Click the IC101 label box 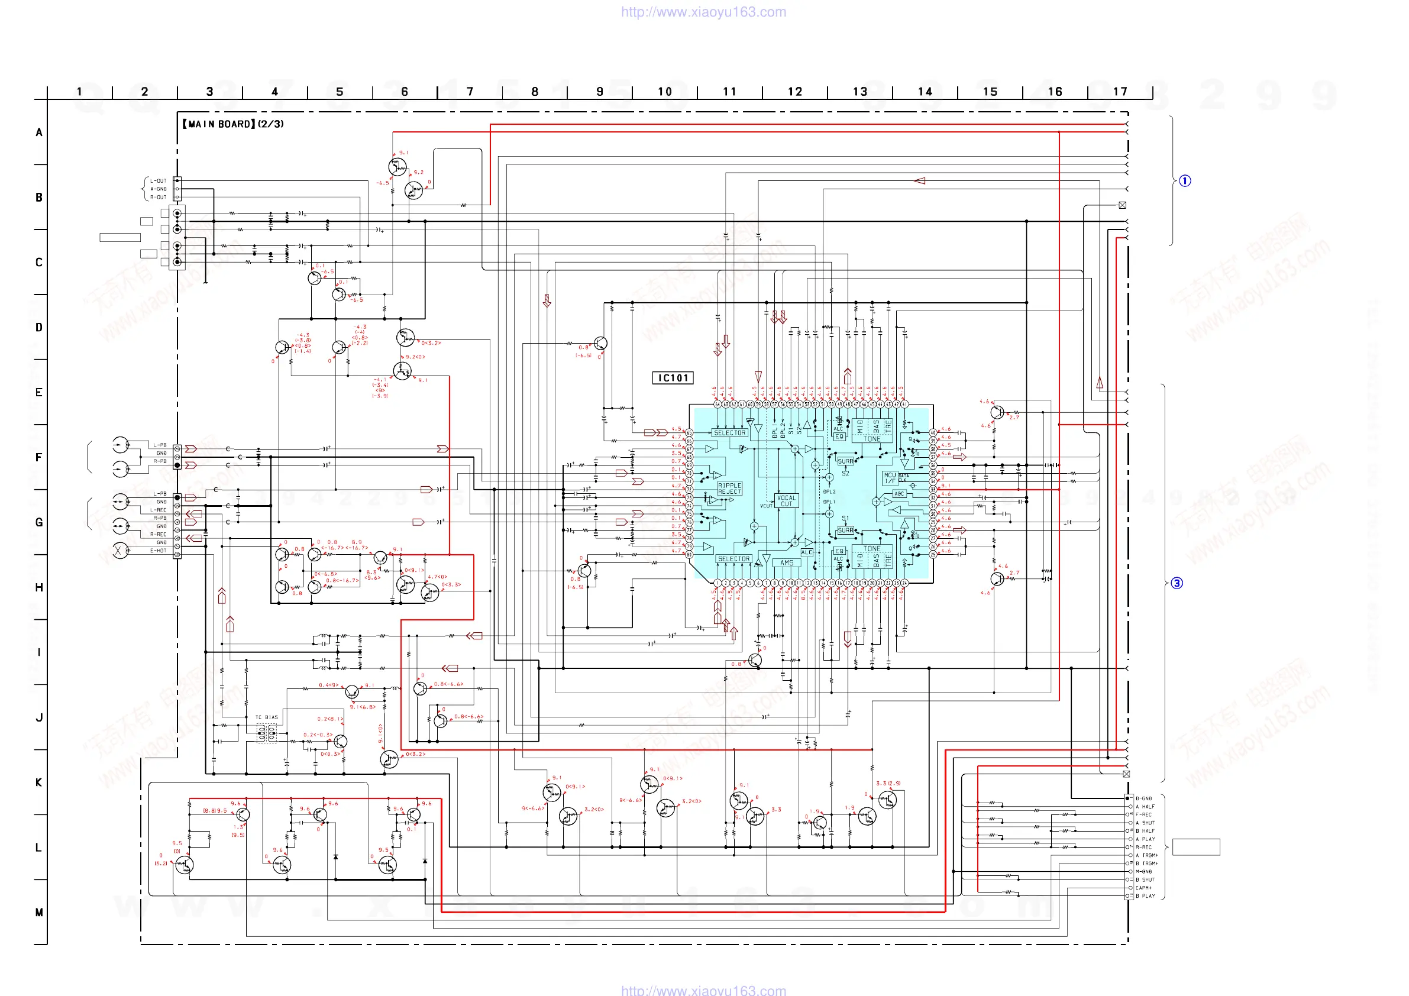pos(673,378)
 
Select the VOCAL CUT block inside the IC pos(786,501)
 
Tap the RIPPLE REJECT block pos(730,489)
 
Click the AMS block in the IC pos(787,562)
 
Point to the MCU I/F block pos(890,478)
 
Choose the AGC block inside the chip pos(899,494)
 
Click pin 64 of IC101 pos(717,405)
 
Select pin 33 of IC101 pos(933,490)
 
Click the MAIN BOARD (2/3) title pos(233,124)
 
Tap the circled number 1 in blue pos(1185,181)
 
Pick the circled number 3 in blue pos(1177,583)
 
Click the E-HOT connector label pos(159,551)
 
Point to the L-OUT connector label pos(159,181)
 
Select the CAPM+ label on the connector pos(1143,888)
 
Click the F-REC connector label pos(1143,815)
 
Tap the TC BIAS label pos(266,717)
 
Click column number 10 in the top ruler pos(665,92)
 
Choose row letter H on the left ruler pos(38,588)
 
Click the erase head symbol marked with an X pos(119,551)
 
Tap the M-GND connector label pos(1143,871)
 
